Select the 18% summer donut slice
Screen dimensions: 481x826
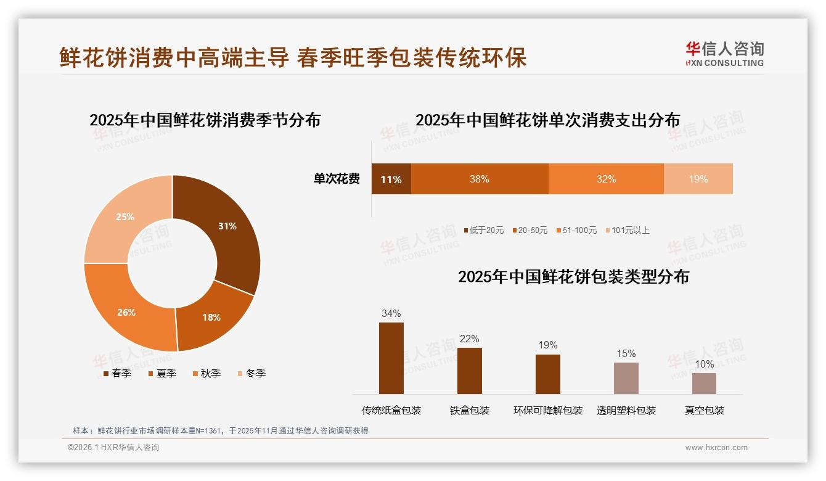211,317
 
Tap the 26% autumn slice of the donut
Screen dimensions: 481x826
127,312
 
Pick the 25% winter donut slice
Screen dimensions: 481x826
126,217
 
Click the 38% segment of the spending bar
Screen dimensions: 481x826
479,179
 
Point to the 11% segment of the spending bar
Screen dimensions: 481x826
391,179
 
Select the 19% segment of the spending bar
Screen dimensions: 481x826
698,179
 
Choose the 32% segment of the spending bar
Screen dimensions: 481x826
606,179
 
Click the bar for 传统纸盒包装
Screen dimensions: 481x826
391,358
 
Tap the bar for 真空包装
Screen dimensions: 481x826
704,384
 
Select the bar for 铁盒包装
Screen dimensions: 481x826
469,371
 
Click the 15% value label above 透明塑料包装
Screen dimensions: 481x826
626,354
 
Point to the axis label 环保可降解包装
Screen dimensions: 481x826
547,411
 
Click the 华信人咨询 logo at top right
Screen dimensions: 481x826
724,54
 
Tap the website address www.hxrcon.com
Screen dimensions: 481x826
716,448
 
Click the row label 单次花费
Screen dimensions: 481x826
337,179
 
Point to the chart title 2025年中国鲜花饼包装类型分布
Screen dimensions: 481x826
573,277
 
